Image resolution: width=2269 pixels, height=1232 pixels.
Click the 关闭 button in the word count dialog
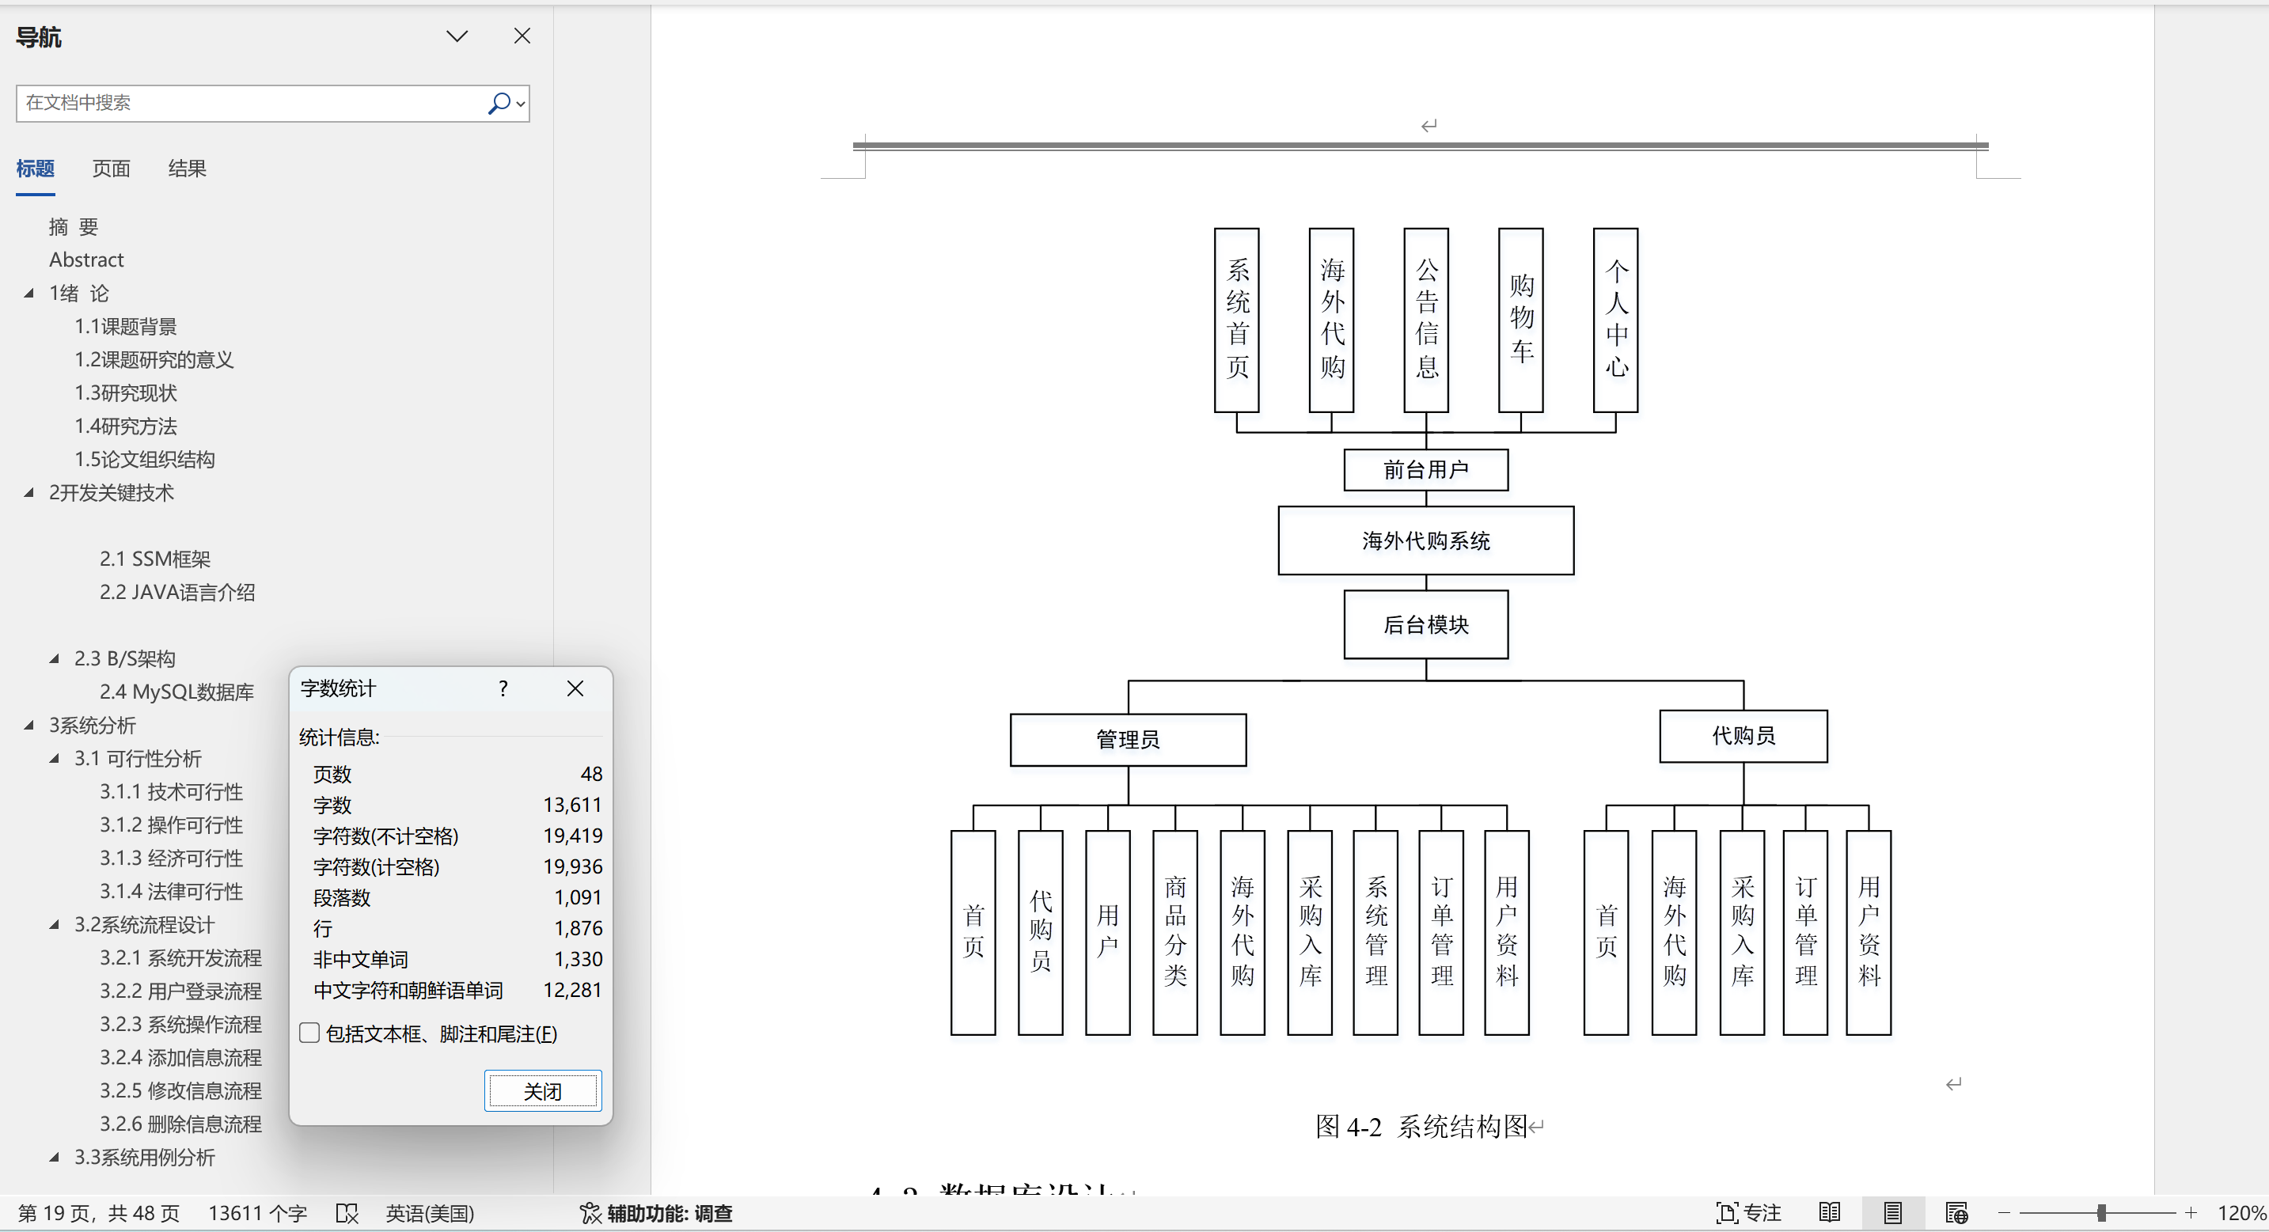pos(543,1091)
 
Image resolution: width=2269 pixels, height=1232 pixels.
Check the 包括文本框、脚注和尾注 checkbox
pos(309,1033)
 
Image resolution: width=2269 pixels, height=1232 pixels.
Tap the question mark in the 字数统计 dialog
pos(503,688)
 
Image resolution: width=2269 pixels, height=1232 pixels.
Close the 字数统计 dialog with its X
pos(575,688)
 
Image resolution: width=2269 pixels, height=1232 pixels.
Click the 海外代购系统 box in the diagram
pos(1426,540)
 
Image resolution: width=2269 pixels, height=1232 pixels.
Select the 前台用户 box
pos(1426,470)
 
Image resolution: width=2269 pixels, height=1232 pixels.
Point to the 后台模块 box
pos(1426,624)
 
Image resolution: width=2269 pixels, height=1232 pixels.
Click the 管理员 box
pos(1129,740)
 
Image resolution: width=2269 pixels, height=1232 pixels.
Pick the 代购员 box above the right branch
pos(1743,735)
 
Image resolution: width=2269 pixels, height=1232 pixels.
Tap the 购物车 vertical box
pos(1521,320)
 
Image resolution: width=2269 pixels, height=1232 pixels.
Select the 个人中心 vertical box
pos(1615,320)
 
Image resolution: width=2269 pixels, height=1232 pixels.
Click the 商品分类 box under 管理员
pos(1175,931)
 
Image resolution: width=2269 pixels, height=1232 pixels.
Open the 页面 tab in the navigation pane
pos(111,169)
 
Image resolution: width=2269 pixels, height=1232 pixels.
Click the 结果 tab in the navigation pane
pos(187,169)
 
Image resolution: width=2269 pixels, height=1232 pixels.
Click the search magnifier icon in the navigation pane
pos(499,103)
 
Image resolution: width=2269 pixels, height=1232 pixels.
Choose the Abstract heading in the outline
pos(86,260)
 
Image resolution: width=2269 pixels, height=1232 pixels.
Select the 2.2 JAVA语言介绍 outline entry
pos(177,592)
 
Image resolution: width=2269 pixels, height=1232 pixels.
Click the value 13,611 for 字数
pos(572,805)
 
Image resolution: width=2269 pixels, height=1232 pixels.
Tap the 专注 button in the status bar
pos(1749,1213)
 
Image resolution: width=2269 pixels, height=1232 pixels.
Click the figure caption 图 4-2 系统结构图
pos(1421,1126)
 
